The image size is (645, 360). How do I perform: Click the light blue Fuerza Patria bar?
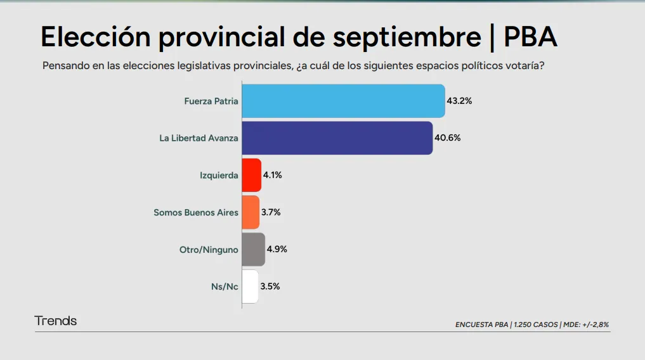pyautogui.click(x=342, y=101)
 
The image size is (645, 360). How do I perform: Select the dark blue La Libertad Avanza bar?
pyautogui.click(x=337, y=138)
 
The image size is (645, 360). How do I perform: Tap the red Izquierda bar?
pyautogui.click(x=251, y=175)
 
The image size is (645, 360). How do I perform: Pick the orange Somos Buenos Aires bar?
pyautogui.click(x=251, y=212)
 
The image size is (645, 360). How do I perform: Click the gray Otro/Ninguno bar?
pyautogui.click(x=253, y=249)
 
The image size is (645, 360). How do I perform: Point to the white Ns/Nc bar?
pyautogui.click(x=250, y=286)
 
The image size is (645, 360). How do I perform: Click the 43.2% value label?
pyautogui.click(x=460, y=101)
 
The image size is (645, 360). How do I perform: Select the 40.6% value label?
pyautogui.click(x=448, y=138)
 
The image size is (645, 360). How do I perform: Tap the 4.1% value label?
pyautogui.click(x=272, y=175)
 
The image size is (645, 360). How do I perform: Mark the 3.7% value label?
pyautogui.click(x=271, y=212)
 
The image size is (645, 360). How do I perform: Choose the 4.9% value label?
pyautogui.click(x=277, y=249)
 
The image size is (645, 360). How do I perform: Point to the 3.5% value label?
pyautogui.click(x=270, y=286)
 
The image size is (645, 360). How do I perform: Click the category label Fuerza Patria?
pyautogui.click(x=211, y=101)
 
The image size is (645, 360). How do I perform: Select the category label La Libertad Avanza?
pyautogui.click(x=199, y=138)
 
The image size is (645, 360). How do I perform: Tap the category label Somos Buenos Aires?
pyautogui.click(x=196, y=212)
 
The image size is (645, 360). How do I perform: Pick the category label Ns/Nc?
pyautogui.click(x=225, y=286)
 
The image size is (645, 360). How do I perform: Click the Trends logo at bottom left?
pyautogui.click(x=56, y=321)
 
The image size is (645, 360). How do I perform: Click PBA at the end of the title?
pyautogui.click(x=530, y=37)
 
